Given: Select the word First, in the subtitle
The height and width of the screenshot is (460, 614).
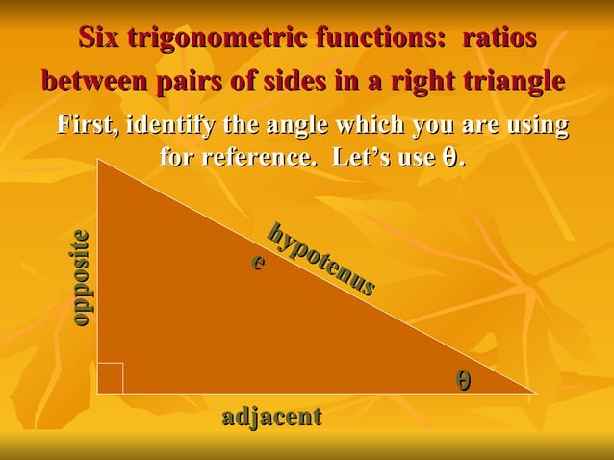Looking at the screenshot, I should tap(89, 126).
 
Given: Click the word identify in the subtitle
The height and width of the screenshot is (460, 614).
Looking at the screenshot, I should tap(171, 126).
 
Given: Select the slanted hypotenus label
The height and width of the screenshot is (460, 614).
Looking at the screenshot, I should tap(321, 259).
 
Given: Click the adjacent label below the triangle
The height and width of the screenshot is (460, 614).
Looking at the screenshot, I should tap(271, 417).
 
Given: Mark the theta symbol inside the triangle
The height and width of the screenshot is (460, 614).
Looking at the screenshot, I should tap(464, 380).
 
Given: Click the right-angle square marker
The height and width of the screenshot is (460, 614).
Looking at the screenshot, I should tap(110, 379).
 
